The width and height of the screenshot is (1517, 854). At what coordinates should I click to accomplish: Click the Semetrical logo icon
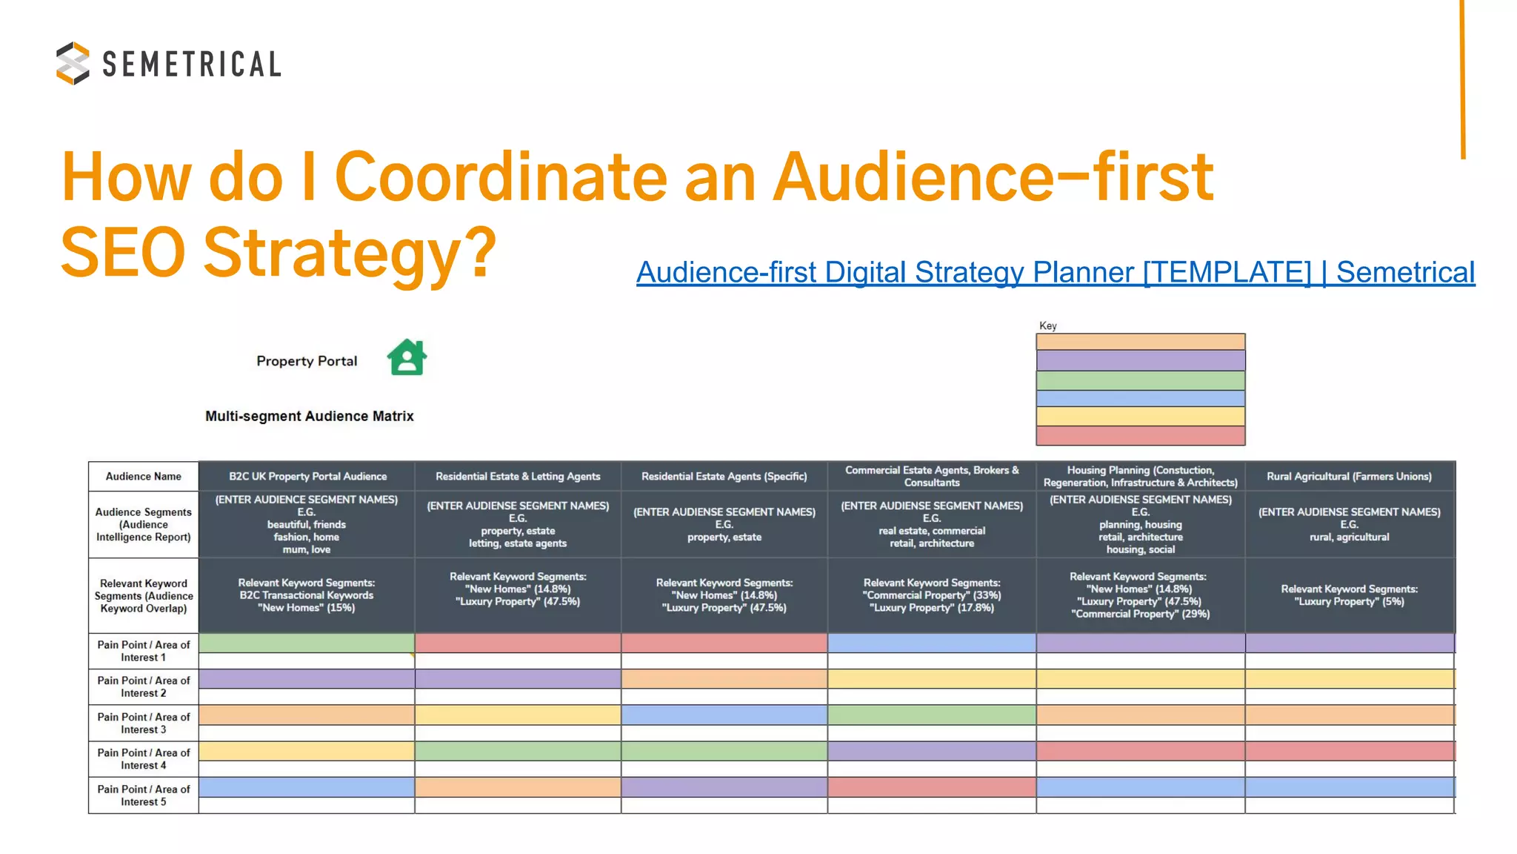73,63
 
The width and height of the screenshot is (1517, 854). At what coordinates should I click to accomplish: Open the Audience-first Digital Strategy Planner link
1055,272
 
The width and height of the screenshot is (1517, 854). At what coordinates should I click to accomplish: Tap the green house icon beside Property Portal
407,357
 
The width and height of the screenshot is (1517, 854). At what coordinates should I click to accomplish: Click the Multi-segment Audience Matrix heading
309,416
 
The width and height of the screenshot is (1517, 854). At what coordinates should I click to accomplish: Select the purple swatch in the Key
1140,360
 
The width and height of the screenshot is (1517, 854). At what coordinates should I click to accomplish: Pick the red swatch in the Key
1140,435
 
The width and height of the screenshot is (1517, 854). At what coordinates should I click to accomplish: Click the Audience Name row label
143,476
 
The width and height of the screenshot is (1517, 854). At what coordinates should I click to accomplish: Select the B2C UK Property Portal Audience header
307,476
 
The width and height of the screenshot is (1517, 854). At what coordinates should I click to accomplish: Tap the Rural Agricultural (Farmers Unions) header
1349,476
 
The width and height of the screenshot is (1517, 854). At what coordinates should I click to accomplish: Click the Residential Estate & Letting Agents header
518,476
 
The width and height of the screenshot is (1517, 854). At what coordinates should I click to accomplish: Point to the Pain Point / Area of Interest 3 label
143,723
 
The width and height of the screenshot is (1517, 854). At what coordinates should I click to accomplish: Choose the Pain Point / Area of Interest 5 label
143,795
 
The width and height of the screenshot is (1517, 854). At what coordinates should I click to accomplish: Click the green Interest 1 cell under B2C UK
307,643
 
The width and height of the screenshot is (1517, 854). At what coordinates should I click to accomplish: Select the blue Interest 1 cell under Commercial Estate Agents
931,643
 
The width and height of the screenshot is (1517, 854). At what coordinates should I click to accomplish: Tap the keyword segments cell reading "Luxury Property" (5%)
1349,595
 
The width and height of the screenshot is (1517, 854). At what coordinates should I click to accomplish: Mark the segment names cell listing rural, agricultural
1349,524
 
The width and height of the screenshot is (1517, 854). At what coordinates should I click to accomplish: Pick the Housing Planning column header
1140,476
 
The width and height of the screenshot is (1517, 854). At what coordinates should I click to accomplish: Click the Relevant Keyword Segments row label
143,595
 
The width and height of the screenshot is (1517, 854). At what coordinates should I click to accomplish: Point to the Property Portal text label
307,361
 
